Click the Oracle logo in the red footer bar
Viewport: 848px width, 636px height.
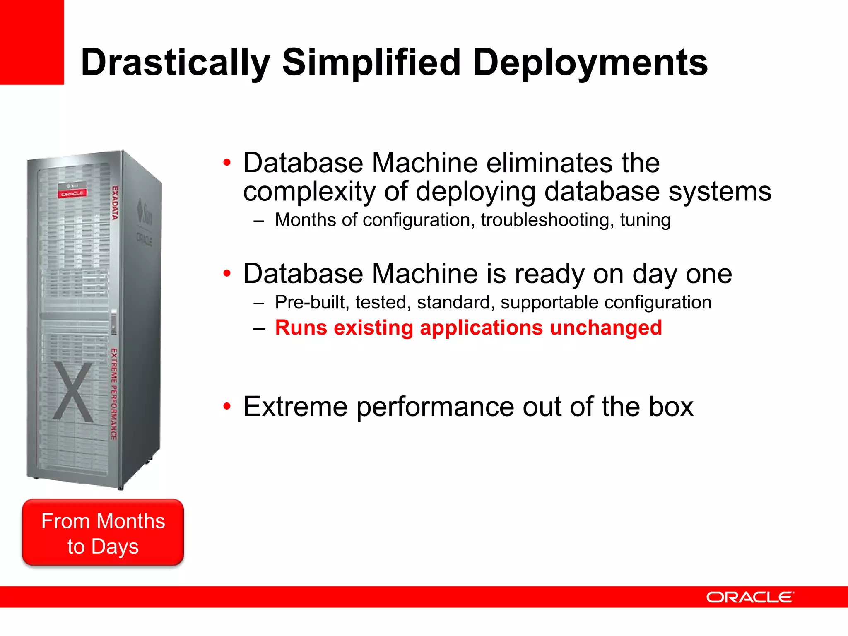pyautogui.click(x=749, y=597)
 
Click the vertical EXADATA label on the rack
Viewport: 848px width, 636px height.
pyautogui.click(x=115, y=203)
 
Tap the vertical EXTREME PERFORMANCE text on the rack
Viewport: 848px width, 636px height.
pyautogui.click(x=114, y=394)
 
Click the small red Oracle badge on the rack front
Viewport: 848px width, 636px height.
pyautogui.click(x=72, y=193)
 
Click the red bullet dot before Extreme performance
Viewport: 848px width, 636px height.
pyautogui.click(x=226, y=407)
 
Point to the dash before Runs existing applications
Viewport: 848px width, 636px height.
pyautogui.click(x=259, y=329)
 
